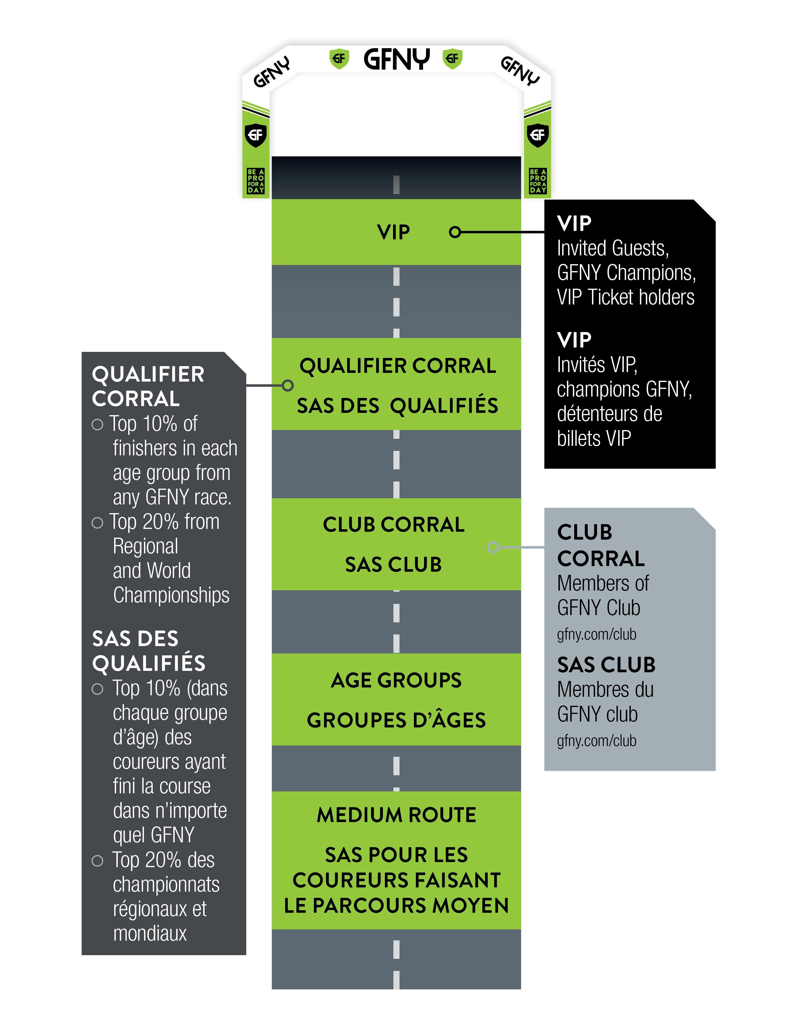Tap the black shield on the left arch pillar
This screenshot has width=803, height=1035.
[256, 135]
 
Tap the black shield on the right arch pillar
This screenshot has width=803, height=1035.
[538, 135]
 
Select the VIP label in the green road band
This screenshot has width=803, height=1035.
[393, 232]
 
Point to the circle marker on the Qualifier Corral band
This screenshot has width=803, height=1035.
[287, 385]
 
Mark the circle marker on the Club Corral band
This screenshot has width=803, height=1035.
[493, 547]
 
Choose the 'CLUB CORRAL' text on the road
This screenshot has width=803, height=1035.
[393, 525]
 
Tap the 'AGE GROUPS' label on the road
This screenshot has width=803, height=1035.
[396, 680]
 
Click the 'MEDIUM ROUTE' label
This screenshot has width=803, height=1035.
[396, 815]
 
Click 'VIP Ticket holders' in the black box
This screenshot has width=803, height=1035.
[625, 297]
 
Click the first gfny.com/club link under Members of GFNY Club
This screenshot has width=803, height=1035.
[596, 634]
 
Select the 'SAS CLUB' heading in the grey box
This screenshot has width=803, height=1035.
[606, 665]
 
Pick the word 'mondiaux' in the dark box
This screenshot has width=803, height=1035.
[150, 934]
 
